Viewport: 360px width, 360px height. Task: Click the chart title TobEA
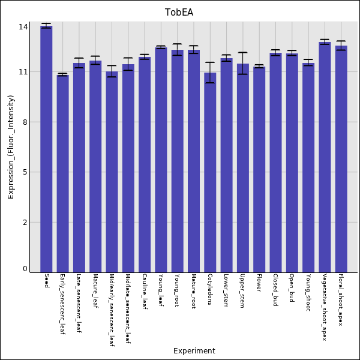coord(179,13)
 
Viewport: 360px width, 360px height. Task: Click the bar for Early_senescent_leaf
coord(62,173)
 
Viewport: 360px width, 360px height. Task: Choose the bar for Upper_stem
coord(242,168)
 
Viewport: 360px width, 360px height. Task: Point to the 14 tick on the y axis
coord(23,27)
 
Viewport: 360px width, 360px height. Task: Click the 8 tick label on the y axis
coord(26,122)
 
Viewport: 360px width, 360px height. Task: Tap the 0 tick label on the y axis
coord(26,269)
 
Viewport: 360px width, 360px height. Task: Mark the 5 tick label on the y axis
coord(26,172)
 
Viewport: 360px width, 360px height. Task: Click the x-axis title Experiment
coord(194,351)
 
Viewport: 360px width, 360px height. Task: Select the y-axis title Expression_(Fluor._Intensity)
coord(11,147)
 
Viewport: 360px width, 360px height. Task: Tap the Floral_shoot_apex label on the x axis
coord(341,300)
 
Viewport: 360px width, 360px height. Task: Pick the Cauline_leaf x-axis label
coord(145,292)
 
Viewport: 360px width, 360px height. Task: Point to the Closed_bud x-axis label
coord(275,290)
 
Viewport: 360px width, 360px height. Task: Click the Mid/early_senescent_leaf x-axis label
coord(112,310)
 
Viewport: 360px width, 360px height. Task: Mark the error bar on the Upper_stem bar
coord(242,63)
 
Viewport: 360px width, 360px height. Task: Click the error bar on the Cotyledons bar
coord(210,73)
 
